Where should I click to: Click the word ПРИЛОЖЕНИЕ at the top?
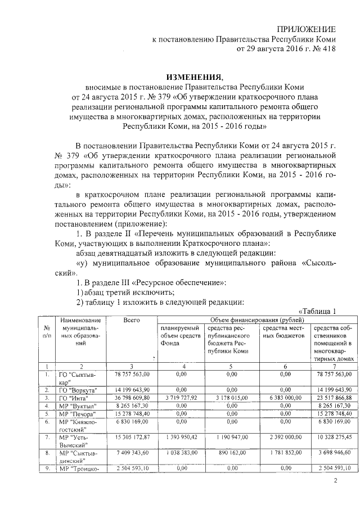309,29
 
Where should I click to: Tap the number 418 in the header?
328,49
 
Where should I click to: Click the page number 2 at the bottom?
335,480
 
